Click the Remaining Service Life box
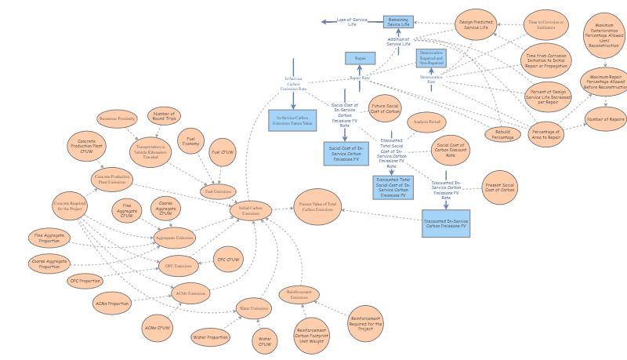(397, 22)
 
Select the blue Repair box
(361, 58)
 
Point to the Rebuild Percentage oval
(503, 134)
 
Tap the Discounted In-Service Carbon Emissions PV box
(445, 224)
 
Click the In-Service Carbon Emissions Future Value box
(292, 121)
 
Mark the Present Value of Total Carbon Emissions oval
(317, 207)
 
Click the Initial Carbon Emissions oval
(251, 210)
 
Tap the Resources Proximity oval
(118, 119)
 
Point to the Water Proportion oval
(211, 338)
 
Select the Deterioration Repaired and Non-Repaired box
(431, 59)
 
